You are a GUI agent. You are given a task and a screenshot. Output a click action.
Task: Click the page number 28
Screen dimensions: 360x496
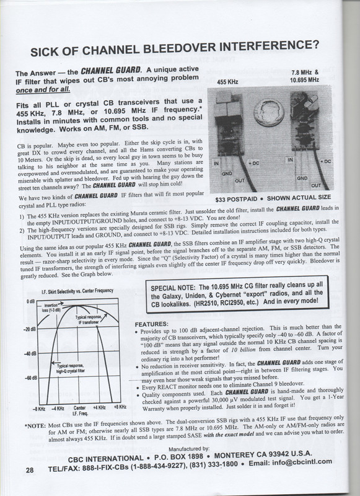click(29, 470)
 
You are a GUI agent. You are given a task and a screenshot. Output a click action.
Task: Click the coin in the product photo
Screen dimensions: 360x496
click(269, 112)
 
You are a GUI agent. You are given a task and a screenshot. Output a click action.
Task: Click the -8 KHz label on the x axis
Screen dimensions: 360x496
click(39, 409)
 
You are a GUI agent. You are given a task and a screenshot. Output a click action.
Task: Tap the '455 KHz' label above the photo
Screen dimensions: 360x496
click(227, 82)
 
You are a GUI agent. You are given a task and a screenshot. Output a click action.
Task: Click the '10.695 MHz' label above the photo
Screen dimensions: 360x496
click(304, 79)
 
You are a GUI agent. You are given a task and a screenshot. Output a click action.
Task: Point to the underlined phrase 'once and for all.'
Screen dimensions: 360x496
click(43, 90)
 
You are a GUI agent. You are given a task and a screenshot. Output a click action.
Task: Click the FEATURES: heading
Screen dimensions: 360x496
click(151, 324)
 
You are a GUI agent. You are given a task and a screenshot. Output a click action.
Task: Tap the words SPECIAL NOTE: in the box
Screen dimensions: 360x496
click(173, 288)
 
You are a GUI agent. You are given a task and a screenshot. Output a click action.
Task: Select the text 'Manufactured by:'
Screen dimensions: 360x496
click(189, 449)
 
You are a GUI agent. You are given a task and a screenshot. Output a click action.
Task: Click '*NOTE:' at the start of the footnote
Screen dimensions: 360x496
click(35, 426)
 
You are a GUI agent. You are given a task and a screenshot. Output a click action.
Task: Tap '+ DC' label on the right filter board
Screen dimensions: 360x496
click(325, 161)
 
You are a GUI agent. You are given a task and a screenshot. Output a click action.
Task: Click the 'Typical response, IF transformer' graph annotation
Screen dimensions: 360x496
click(89, 319)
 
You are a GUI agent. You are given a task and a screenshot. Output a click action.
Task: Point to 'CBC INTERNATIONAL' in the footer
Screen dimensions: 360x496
click(106, 459)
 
